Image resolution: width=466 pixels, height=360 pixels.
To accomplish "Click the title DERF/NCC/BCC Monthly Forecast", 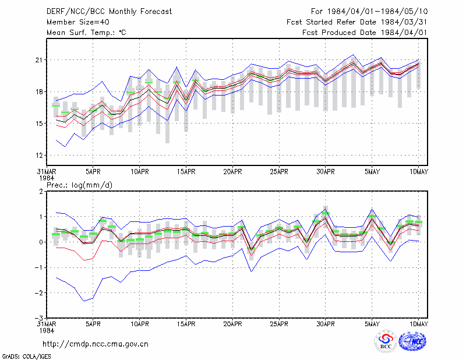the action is click(x=109, y=12).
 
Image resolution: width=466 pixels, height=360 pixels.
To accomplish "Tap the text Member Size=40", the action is click(x=78, y=22).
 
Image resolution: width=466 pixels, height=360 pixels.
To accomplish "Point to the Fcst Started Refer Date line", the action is click(x=357, y=22).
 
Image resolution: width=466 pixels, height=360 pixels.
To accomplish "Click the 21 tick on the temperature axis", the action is click(x=39, y=60).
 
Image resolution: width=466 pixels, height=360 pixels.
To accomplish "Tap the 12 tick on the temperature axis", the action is click(x=39, y=155).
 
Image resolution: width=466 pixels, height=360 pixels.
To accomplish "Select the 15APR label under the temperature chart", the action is click(x=186, y=172).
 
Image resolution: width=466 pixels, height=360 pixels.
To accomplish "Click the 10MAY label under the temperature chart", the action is click(x=419, y=172).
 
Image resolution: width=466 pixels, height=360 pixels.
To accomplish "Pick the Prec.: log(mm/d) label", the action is click(x=79, y=185).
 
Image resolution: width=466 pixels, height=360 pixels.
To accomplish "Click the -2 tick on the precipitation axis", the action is click(x=38, y=293).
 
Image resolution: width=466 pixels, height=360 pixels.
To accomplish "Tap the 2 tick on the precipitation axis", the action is click(x=41, y=191).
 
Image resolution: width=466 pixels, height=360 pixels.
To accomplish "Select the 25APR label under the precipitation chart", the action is click(x=279, y=324).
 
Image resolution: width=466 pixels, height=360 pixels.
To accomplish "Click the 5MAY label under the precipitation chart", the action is click(x=372, y=324).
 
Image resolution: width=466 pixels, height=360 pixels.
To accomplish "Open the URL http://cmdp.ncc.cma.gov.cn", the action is click(x=96, y=344).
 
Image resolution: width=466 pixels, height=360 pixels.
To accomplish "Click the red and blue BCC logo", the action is click(x=386, y=341).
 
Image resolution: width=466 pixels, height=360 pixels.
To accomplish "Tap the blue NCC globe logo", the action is click(x=412, y=341).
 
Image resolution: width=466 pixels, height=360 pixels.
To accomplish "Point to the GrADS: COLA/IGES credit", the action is click(x=26, y=357).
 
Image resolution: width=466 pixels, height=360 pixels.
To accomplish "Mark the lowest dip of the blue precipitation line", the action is click(x=84, y=301).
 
